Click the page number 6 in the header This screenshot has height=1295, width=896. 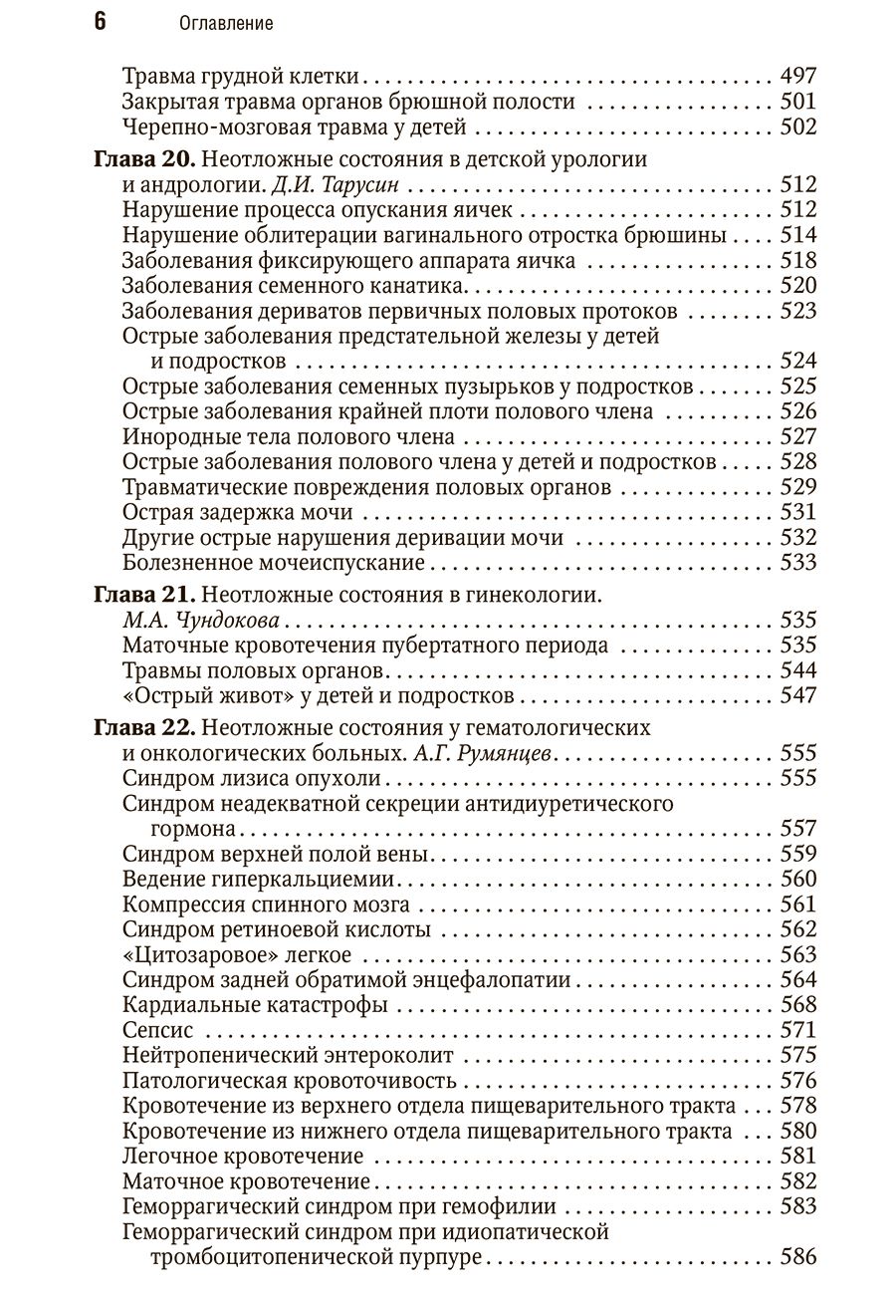(x=100, y=22)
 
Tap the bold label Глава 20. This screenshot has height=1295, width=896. (x=146, y=159)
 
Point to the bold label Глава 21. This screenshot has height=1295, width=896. (x=146, y=595)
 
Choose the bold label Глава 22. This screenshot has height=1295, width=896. (x=146, y=727)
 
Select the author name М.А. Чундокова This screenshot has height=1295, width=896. (x=200, y=621)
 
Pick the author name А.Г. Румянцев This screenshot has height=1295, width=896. (x=479, y=753)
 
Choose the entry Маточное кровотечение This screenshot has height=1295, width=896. (x=246, y=1181)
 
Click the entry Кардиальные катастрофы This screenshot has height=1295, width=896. (x=255, y=1004)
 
